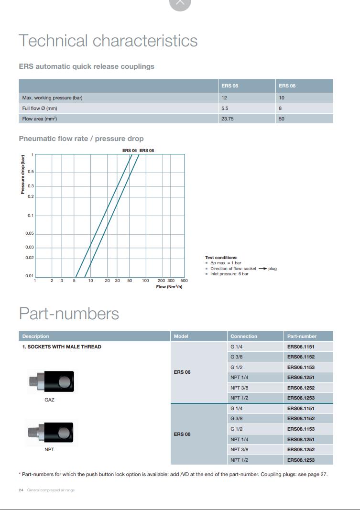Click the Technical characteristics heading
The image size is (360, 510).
tap(108, 41)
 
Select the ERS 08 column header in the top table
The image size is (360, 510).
tap(287, 86)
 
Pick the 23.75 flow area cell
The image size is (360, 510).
tap(228, 119)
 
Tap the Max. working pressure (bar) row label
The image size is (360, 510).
tap(53, 98)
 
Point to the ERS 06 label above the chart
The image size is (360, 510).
tap(130, 151)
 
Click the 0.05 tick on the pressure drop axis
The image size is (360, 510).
tap(30, 233)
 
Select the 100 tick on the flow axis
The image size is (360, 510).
tap(145, 281)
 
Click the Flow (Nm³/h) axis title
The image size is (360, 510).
tap(169, 287)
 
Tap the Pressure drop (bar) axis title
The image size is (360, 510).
tap(22, 174)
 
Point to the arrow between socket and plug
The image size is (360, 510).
tap(262, 269)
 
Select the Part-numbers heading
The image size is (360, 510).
tap(69, 314)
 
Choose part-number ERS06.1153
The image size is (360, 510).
tap(301, 367)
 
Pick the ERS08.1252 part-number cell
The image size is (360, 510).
tap(301, 450)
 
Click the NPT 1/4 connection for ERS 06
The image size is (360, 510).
tap(239, 378)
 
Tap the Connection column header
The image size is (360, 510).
tap(244, 336)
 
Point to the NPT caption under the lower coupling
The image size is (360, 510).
tap(49, 450)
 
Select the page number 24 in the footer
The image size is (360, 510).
tap(21, 490)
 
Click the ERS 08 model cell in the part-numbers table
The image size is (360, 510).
tap(182, 434)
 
